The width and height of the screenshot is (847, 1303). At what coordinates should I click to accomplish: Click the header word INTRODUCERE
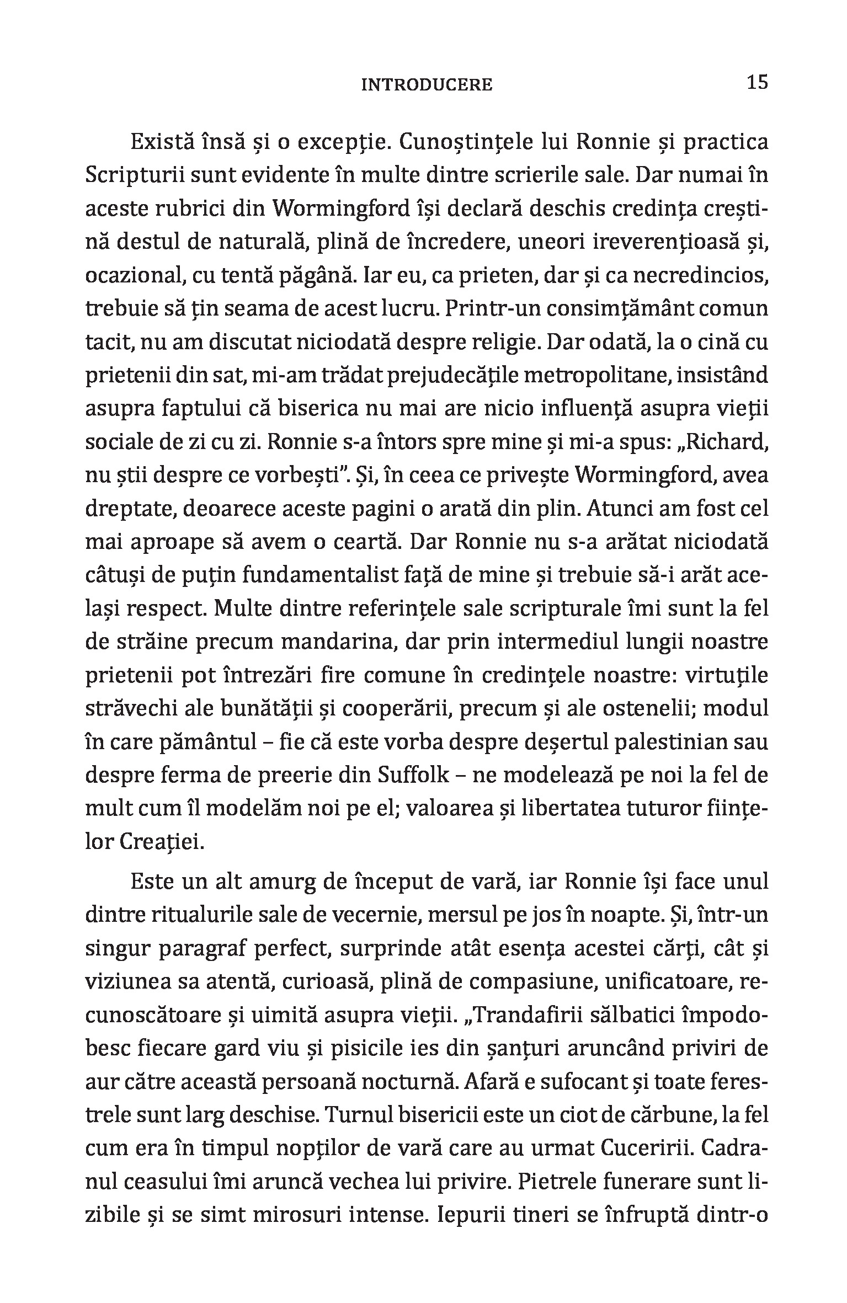[426, 85]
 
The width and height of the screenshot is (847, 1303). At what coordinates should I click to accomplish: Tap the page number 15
[757, 83]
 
